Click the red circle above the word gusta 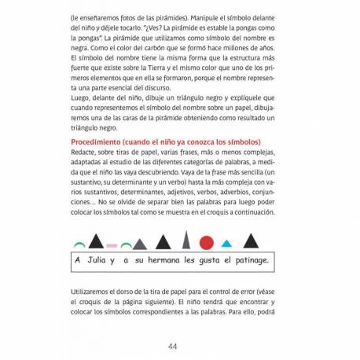click(x=208, y=242)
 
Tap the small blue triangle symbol click(x=227, y=244)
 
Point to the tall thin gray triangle click(x=187, y=239)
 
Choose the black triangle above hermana click(x=163, y=241)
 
